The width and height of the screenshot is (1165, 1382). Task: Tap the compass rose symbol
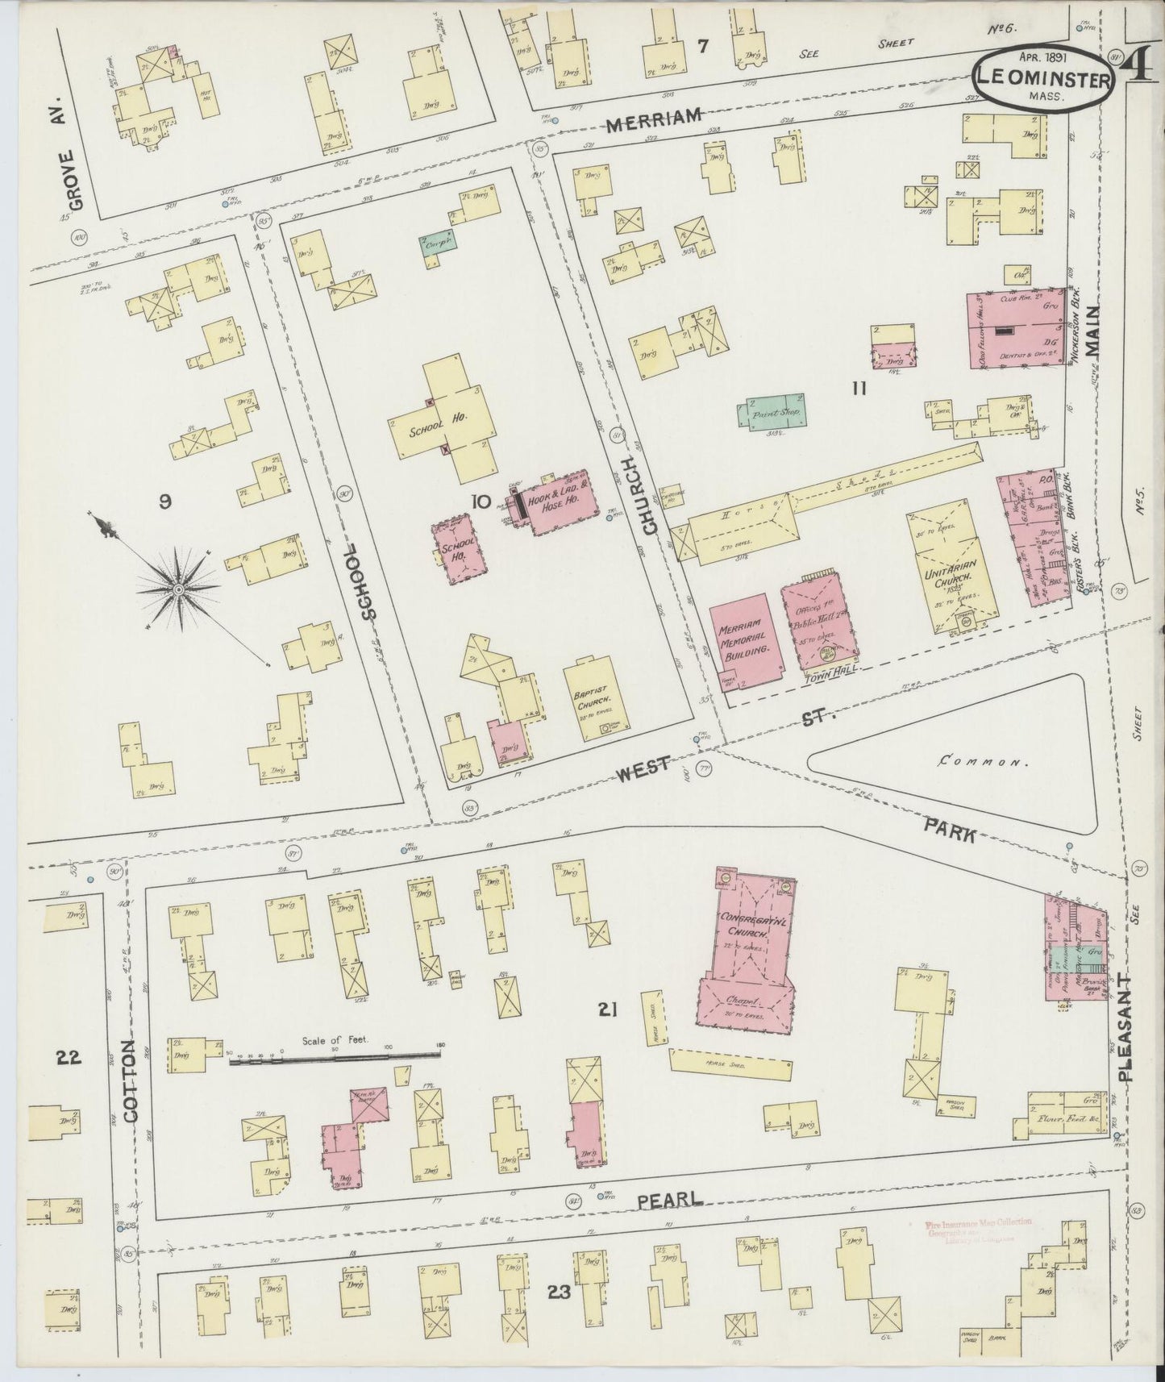click(x=177, y=589)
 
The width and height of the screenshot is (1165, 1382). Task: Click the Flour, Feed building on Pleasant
click(x=1067, y=1118)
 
